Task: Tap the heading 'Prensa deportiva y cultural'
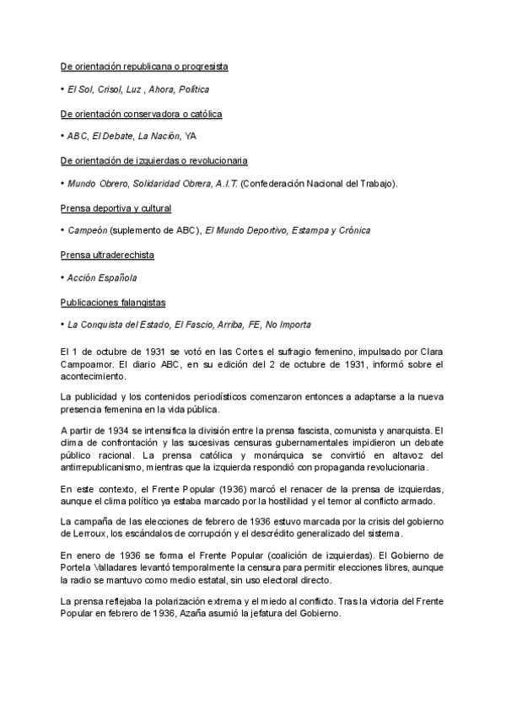coord(116,207)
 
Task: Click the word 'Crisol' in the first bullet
coord(107,89)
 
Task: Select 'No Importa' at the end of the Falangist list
coord(288,325)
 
